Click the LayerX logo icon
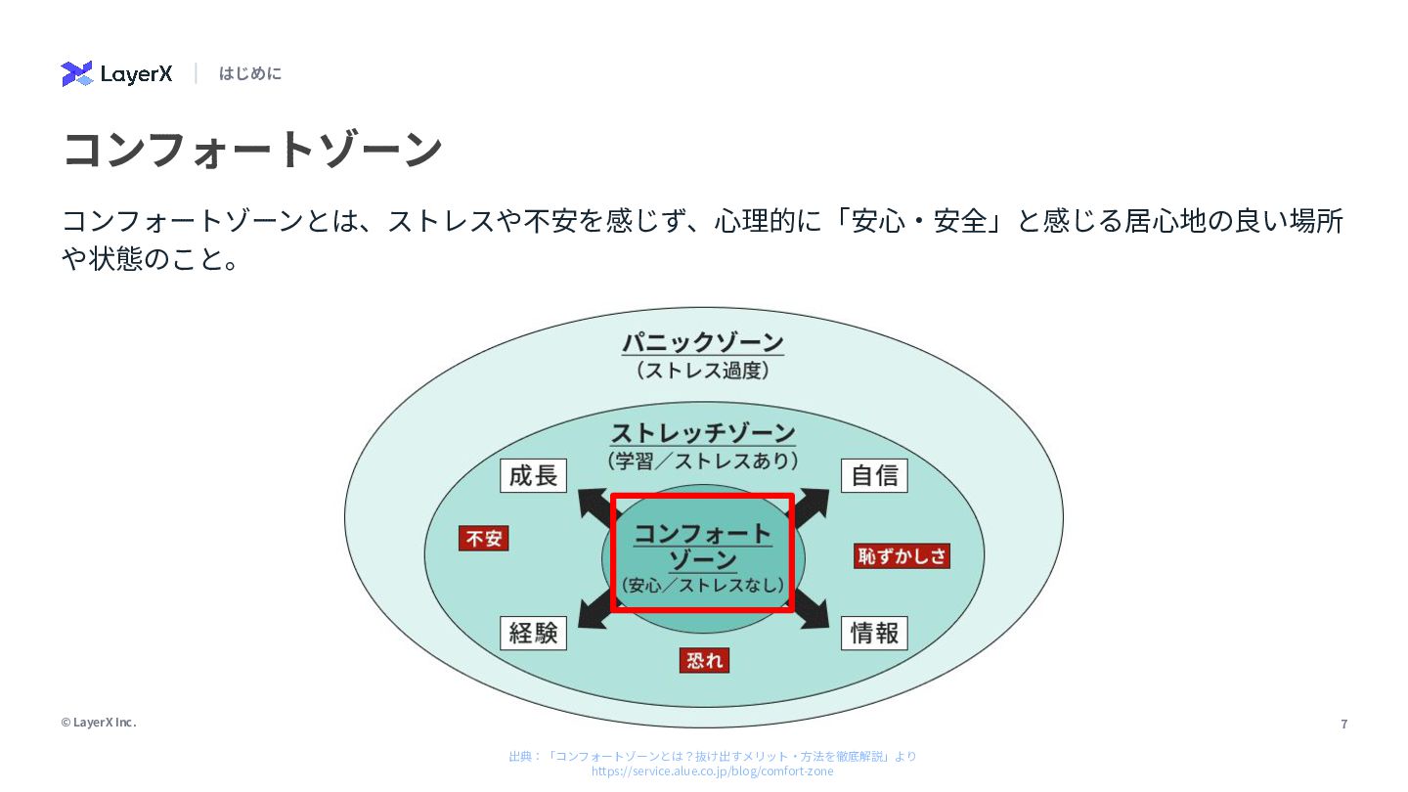76,73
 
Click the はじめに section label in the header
250,73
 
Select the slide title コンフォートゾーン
253,150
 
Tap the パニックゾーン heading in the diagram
703,343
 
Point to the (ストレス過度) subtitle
703,371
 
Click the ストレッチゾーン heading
703,433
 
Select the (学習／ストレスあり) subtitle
703,460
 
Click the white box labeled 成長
533,476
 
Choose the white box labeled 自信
874,476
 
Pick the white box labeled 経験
533,634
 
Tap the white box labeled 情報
874,634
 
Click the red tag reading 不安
484,539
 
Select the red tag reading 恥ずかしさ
902,556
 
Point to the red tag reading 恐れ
704,661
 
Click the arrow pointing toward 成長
593,505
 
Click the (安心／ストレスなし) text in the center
703,586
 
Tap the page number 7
1344,725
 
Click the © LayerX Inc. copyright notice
99,723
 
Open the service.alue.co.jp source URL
712,771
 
